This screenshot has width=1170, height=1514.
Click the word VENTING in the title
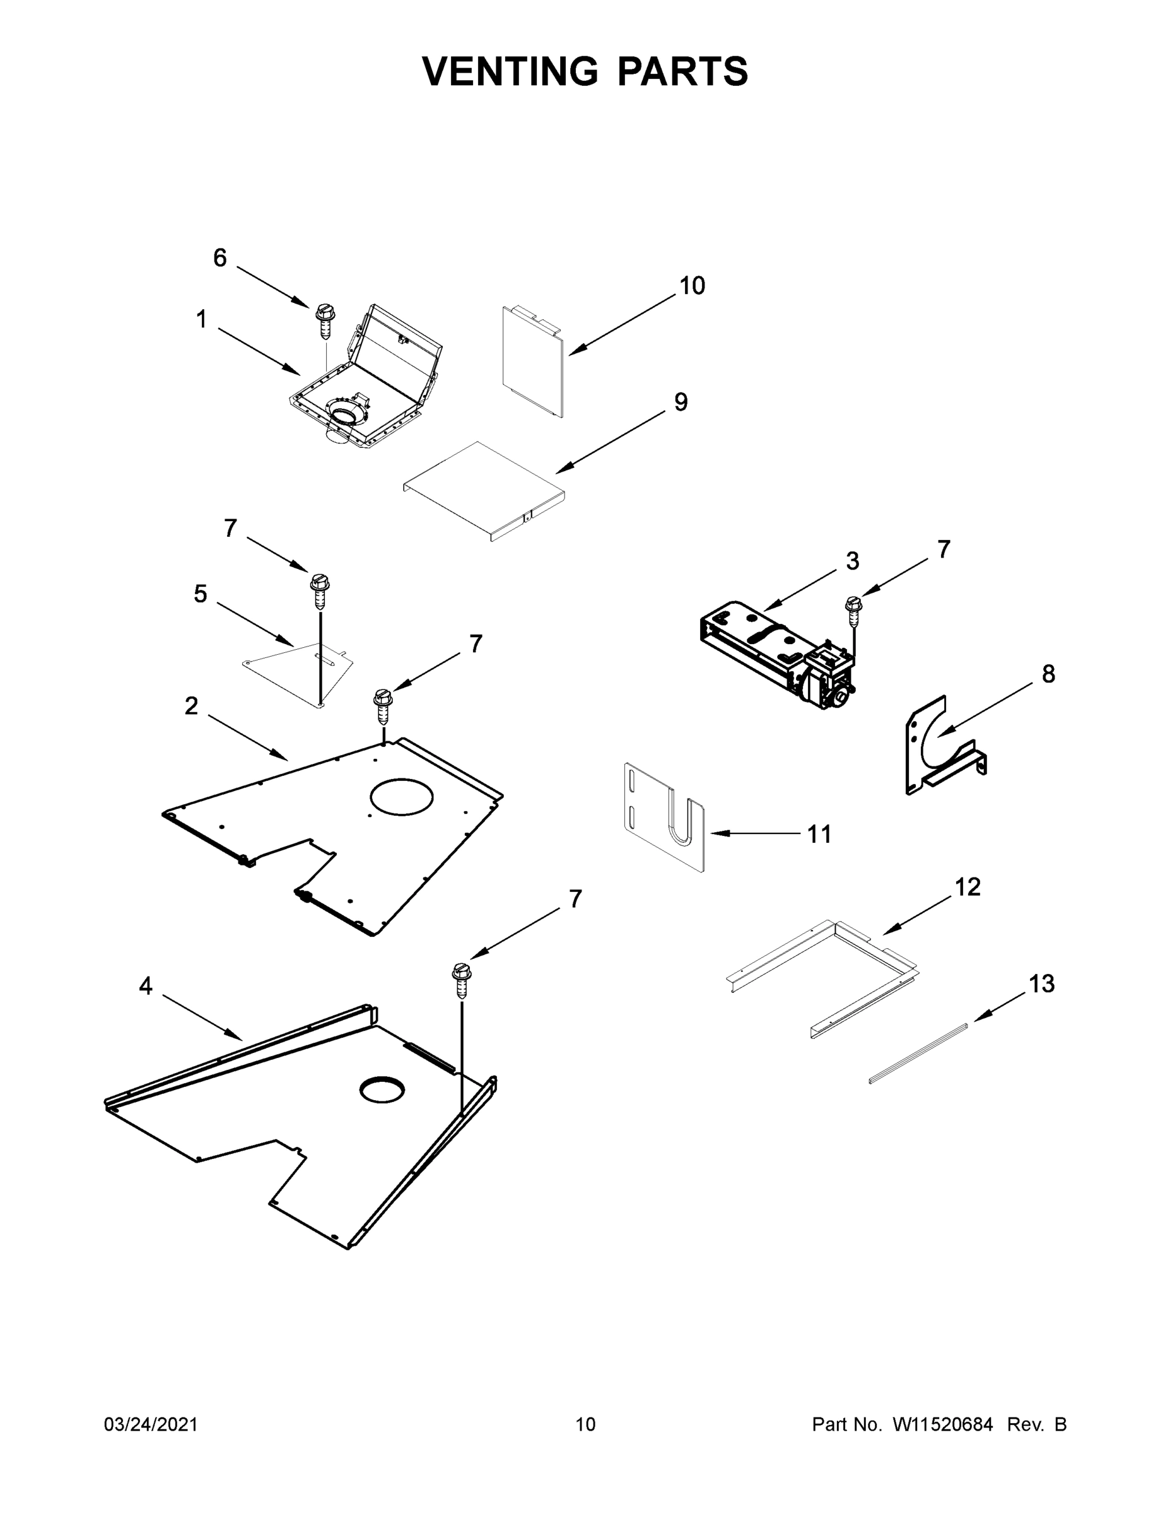pyautogui.click(x=510, y=71)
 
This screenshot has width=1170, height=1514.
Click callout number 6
pyautogui.click(x=219, y=258)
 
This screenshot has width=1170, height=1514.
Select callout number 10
pyautogui.click(x=692, y=286)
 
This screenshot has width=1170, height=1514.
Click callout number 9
pyautogui.click(x=681, y=401)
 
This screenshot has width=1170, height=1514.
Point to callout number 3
pyautogui.click(x=852, y=561)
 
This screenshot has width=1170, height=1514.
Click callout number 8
pyautogui.click(x=1048, y=673)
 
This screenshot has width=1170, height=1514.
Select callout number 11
pyautogui.click(x=819, y=834)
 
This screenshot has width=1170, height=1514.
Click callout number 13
pyautogui.click(x=1042, y=983)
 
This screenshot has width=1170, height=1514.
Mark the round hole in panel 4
pyautogui.click(x=380, y=1089)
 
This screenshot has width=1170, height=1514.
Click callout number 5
pyautogui.click(x=201, y=594)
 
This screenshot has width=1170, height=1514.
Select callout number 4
pyautogui.click(x=146, y=986)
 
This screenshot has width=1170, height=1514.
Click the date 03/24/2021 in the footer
pyautogui.click(x=151, y=1424)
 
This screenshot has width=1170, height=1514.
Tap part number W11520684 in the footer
pyautogui.click(x=943, y=1424)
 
